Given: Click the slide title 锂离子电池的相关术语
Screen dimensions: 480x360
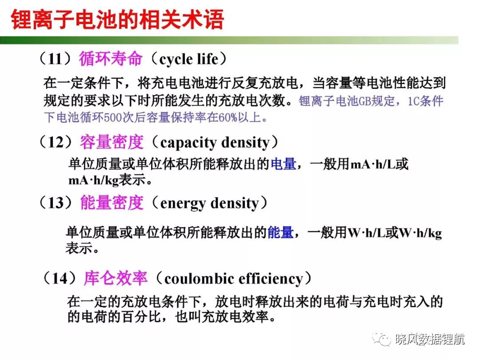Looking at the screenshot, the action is pyautogui.click(x=118, y=19).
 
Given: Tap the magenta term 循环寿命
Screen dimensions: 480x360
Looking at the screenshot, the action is pyautogui.click(x=111, y=58).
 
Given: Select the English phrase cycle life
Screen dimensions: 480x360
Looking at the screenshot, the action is pyautogui.click(x=189, y=59).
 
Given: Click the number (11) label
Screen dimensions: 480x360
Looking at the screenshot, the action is pyautogui.click(x=56, y=59).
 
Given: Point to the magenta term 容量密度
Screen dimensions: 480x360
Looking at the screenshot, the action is pyautogui.click(x=112, y=142).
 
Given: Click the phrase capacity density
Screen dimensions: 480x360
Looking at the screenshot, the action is pyautogui.click(x=214, y=143).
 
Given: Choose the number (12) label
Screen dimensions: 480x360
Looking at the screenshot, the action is pyautogui.click(x=56, y=142).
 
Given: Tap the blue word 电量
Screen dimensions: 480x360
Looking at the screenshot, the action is pyautogui.click(x=283, y=164).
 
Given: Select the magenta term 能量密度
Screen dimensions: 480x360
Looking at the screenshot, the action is pyautogui.click(x=112, y=203).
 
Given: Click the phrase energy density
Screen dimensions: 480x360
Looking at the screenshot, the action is pyautogui.click(x=209, y=203).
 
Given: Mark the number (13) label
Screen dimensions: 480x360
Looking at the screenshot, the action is pyautogui.click(x=56, y=203).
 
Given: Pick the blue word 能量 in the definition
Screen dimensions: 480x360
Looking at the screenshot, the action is pyautogui.click(x=281, y=233).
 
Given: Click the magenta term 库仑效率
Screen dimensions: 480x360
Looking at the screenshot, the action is pyautogui.click(x=116, y=278).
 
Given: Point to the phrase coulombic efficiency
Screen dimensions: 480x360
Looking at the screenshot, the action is pyautogui.click(x=233, y=279).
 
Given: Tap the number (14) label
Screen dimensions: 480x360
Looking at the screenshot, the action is pyautogui.click(x=59, y=278).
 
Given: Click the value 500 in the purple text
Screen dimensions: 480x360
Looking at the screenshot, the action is pyautogui.click(x=113, y=118).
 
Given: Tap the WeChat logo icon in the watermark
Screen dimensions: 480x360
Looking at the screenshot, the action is pyautogui.click(x=382, y=338).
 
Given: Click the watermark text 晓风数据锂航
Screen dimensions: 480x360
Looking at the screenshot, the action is pyautogui.click(x=430, y=339).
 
